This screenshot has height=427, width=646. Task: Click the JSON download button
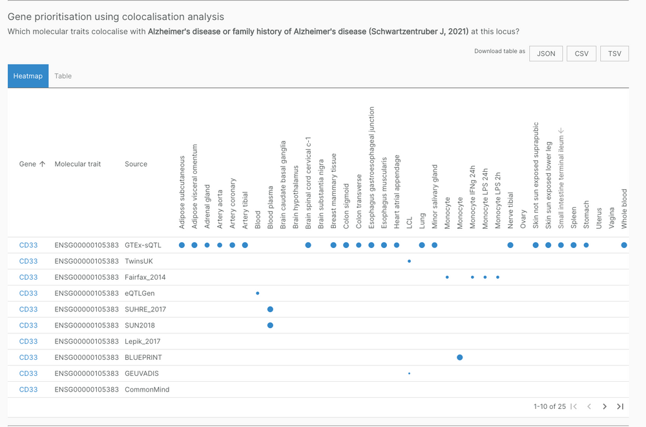pyautogui.click(x=546, y=54)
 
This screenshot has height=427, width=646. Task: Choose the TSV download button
pyautogui.click(x=614, y=54)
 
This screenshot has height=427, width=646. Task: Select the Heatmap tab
pyautogui.click(x=28, y=76)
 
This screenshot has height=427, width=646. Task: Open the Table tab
pyautogui.click(x=63, y=76)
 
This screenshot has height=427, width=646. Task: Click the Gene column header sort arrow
pyautogui.click(x=43, y=164)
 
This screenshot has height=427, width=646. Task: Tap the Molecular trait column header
pyautogui.click(x=78, y=164)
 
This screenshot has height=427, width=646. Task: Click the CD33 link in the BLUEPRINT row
pyautogui.click(x=28, y=357)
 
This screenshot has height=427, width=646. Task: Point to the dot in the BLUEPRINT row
pyautogui.click(x=460, y=357)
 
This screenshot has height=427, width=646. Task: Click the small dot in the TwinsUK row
pyautogui.click(x=409, y=261)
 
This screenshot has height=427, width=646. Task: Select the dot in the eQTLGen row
pyautogui.click(x=257, y=293)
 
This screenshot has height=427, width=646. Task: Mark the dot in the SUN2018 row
pyautogui.click(x=270, y=325)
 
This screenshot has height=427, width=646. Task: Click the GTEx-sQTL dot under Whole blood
pyautogui.click(x=624, y=245)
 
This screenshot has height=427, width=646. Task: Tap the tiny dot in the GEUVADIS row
pyautogui.click(x=409, y=373)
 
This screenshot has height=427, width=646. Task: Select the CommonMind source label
pyautogui.click(x=147, y=390)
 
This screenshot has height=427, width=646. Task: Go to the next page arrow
pyautogui.click(x=605, y=406)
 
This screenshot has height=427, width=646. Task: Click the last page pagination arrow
pyautogui.click(x=620, y=406)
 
